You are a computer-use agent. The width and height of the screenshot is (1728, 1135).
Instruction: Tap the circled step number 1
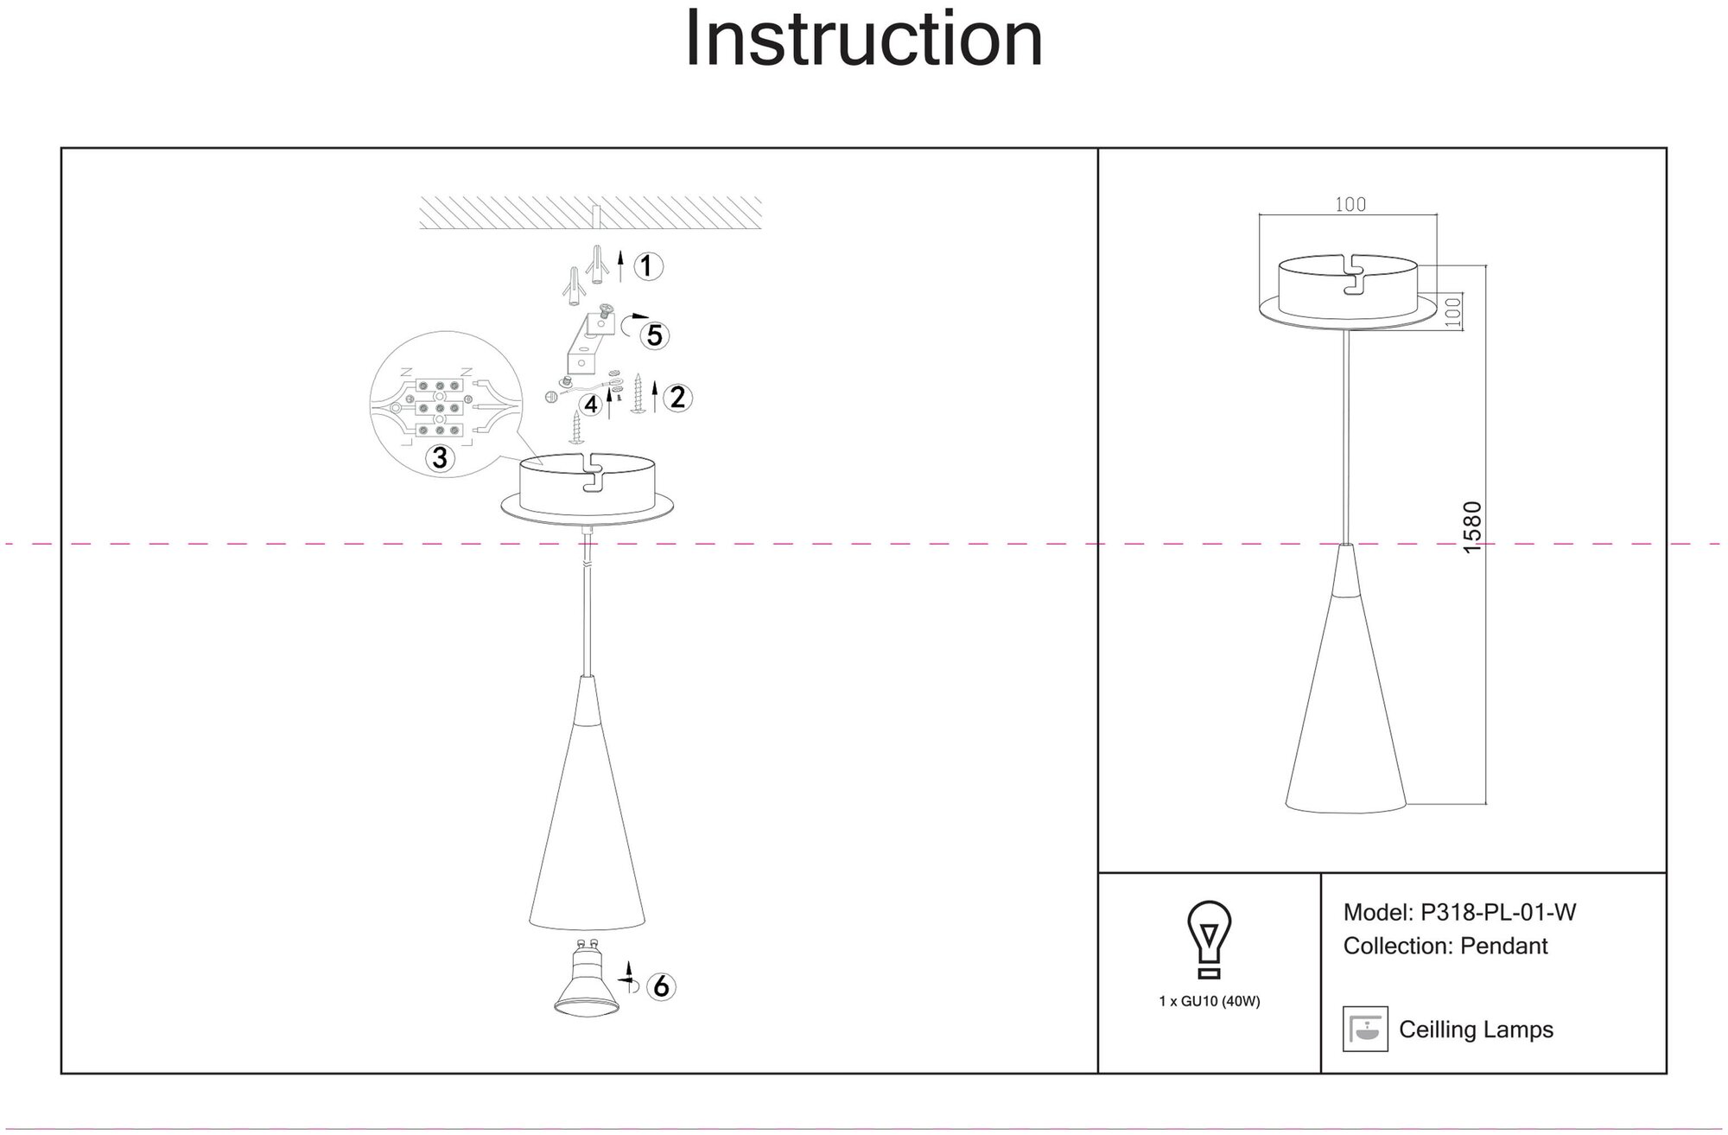point(648,265)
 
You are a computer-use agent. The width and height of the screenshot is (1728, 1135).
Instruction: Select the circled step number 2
point(677,397)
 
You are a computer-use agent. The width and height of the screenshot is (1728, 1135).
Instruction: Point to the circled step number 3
point(440,457)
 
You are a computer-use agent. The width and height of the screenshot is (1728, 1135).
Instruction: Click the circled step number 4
point(591,404)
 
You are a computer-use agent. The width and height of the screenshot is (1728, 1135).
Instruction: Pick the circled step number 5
point(654,335)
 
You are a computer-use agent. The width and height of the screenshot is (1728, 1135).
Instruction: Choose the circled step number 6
point(661,985)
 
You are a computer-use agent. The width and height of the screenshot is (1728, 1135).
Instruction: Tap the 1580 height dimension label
point(1472,527)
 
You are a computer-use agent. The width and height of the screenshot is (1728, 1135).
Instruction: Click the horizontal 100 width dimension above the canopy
point(1350,204)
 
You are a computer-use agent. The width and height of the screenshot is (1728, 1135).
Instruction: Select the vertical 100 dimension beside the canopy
point(1452,312)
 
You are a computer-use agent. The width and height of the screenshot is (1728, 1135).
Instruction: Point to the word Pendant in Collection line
point(1503,946)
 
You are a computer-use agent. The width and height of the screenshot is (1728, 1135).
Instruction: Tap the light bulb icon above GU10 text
point(1210,939)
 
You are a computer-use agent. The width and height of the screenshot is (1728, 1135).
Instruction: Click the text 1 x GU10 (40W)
point(1210,1002)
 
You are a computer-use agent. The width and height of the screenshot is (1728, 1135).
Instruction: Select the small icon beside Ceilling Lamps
point(1365,1029)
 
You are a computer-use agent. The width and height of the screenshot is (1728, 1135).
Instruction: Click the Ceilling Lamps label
point(1476,1030)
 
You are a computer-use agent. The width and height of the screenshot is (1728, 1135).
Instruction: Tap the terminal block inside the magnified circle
point(440,406)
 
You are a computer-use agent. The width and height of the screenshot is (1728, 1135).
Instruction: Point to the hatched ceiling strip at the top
point(590,213)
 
